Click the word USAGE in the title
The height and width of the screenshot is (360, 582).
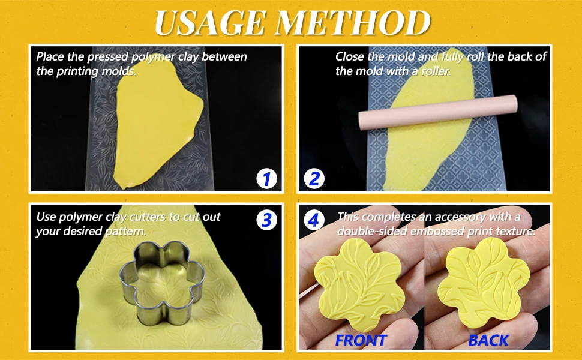[210, 23]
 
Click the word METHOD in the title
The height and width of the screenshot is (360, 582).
[352, 23]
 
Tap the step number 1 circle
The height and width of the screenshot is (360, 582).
[266, 179]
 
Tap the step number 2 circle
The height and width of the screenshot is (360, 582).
[314, 179]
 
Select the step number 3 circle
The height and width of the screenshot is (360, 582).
[266, 220]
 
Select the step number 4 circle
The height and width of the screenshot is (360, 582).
[314, 220]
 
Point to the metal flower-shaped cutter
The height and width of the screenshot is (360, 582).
[162, 283]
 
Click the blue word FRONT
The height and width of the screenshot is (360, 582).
[361, 340]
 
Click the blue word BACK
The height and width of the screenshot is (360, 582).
[488, 340]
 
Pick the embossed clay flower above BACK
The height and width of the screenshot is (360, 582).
[484, 283]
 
